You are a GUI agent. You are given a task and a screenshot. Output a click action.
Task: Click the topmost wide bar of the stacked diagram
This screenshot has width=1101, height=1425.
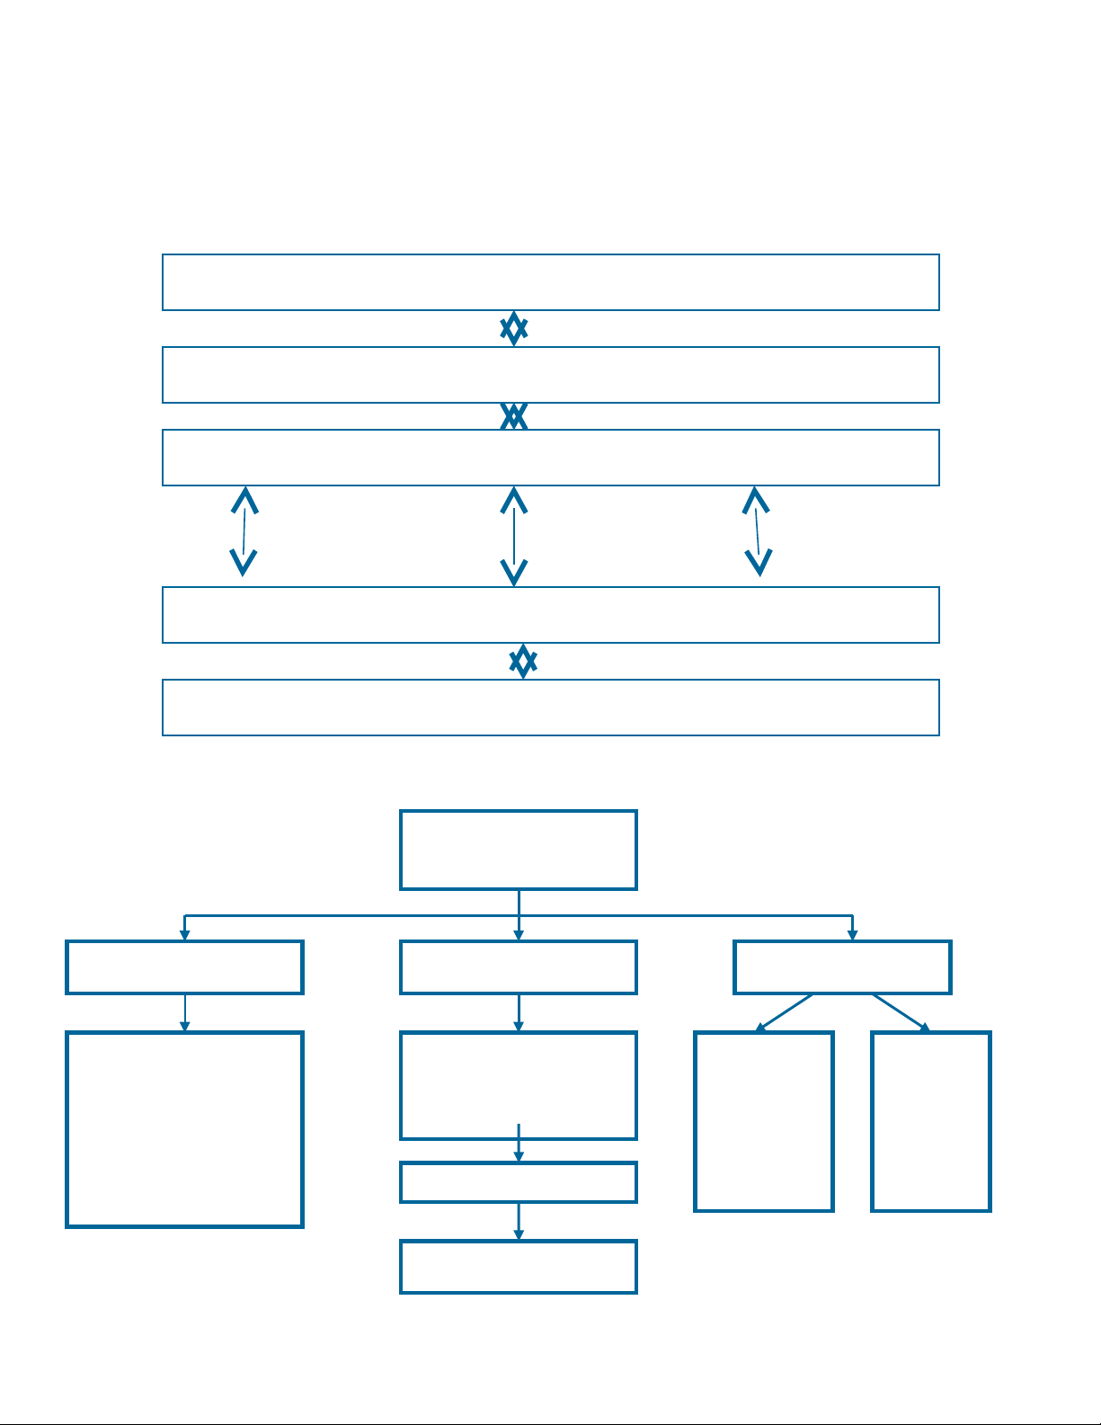pyautogui.click(x=550, y=282)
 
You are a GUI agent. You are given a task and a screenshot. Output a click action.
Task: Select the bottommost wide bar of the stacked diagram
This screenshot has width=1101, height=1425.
pyautogui.click(x=550, y=708)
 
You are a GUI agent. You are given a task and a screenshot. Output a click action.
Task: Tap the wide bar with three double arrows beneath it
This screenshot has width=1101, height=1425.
pyautogui.click(x=550, y=458)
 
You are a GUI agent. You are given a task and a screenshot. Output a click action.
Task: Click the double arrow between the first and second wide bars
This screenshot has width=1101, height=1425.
pyautogui.click(x=513, y=329)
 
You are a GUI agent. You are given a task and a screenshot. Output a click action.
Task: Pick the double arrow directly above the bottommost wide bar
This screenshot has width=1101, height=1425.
pyautogui.click(x=523, y=662)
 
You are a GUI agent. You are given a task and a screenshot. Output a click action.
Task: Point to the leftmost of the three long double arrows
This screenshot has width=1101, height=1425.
pyautogui.click(x=244, y=531)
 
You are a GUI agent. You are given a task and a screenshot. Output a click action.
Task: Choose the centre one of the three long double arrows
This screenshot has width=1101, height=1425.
pyautogui.click(x=513, y=536)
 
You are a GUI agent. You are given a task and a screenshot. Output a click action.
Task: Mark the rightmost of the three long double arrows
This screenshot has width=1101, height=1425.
pyautogui.click(x=758, y=531)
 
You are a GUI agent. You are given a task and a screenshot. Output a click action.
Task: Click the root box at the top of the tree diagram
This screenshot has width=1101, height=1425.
pyautogui.click(x=519, y=850)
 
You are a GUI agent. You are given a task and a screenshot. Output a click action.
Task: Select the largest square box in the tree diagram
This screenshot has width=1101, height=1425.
pyautogui.click(x=184, y=1129)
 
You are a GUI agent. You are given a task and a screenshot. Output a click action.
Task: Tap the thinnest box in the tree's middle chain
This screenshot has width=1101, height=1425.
pyautogui.click(x=519, y=1182)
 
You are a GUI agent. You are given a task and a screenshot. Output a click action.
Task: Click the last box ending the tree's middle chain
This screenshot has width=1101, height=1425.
pyautogui.click(x=519, y=1267)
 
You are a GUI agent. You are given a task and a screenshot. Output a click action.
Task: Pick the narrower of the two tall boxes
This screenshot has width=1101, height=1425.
pyautogui.click(x=931, y=1121)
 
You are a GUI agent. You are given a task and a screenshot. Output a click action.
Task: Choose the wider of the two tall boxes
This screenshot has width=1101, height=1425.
pyautogui.click(x=764, y=1121)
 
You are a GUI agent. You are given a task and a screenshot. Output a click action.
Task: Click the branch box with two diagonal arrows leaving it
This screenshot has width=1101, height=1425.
pyautogui.click(x=842, y=967)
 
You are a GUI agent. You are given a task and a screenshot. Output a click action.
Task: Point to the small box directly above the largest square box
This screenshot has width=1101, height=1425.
pyautogui.click(x=184, y=967)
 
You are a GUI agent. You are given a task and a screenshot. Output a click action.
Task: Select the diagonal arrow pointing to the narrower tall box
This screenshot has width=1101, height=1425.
pyautogui.click(x=901, y=1012)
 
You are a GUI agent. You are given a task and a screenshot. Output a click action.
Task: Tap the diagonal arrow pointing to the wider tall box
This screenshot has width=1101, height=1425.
pyautogui.click(x=785, y=1012)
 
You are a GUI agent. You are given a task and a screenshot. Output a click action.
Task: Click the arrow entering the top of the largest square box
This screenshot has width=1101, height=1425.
pyautogui.click(x=185, y=1013)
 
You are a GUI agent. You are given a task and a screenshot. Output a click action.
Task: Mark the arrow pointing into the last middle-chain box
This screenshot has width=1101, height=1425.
pyautogui.click(x=519, y=1222)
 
